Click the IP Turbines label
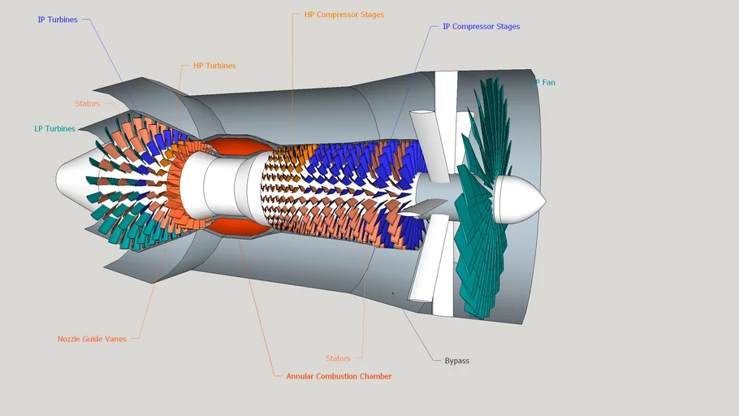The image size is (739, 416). click(58, 19)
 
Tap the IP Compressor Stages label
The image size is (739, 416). click(481, 27)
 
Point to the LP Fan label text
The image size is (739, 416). click(543, 82)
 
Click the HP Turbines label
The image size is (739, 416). click(214, 66)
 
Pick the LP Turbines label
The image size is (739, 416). click(54, 128)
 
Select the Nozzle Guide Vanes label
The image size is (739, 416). click(92, 339)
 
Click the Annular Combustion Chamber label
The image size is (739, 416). click(339, 376)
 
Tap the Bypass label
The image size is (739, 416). click(456, 360)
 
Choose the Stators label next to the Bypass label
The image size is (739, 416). click(338, 358)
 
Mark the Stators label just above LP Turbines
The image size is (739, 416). click(87, 104)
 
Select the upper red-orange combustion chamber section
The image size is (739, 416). click(234, 147)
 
